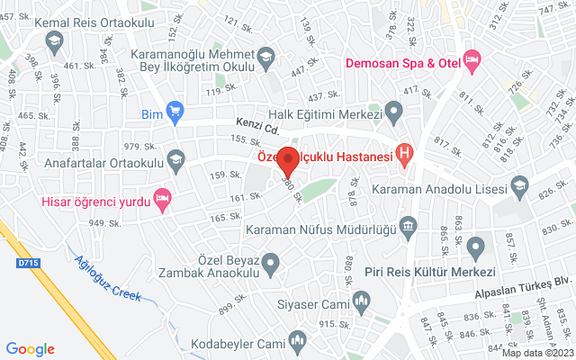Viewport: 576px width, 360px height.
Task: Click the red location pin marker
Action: click(x=288, y=160)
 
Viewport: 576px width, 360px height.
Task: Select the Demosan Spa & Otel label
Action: click(x=405, y=64)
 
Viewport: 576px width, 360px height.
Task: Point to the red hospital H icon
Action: click(x=405, y=156)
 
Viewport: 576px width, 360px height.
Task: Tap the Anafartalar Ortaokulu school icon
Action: click(x=175, y=157)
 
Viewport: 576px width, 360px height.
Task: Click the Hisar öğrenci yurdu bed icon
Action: click(x=163, y=198)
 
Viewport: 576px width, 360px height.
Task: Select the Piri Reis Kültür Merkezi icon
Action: click(x=476, y=246)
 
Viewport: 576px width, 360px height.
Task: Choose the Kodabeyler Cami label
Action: click(x=236, y=344)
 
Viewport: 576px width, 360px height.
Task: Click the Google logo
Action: click(x=31, y=348)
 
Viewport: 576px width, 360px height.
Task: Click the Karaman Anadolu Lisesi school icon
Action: click(x=519, y=186)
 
